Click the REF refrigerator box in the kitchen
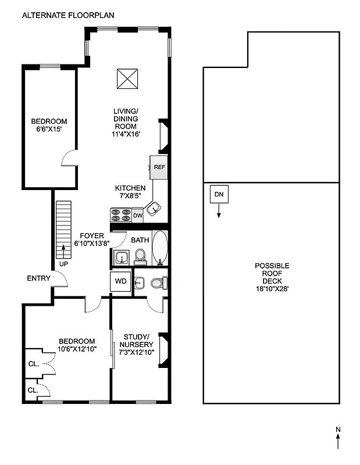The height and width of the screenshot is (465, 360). pyautogui.click(x=159, y=166)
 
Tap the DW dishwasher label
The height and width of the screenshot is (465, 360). pyautogui.click(x=137, y=216)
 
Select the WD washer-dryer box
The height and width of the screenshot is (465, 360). pyautogui.click(x=121, y=281)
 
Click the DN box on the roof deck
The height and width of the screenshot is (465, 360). pyautogui.click(x=219, y=194)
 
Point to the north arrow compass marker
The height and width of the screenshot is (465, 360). pyautogui.click(x=338, y=438)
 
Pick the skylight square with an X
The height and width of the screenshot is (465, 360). pyautogui.click(x=128, y=79)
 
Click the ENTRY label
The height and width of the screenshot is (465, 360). pyautogui.click(x=39, y=278)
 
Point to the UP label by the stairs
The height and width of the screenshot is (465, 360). pyautogui.click(x=63, y=264)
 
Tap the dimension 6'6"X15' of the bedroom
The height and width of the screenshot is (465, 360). pyautogui.click(x=49, y=130)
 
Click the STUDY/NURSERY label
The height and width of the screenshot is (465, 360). pyautogui.click(x=137, y=341)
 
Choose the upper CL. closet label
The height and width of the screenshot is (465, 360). pyautogui.click(x=33, y=364)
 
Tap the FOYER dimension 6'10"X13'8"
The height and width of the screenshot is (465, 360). pyautogui.click(x=93, y=244)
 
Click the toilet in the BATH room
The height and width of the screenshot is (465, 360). pyautogui.click(x=140, y=256)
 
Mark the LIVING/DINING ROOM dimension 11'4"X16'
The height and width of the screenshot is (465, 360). pyautogui.click(x=127, y=134)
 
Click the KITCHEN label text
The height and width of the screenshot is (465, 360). pyautogui.click(x=130, y=188)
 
